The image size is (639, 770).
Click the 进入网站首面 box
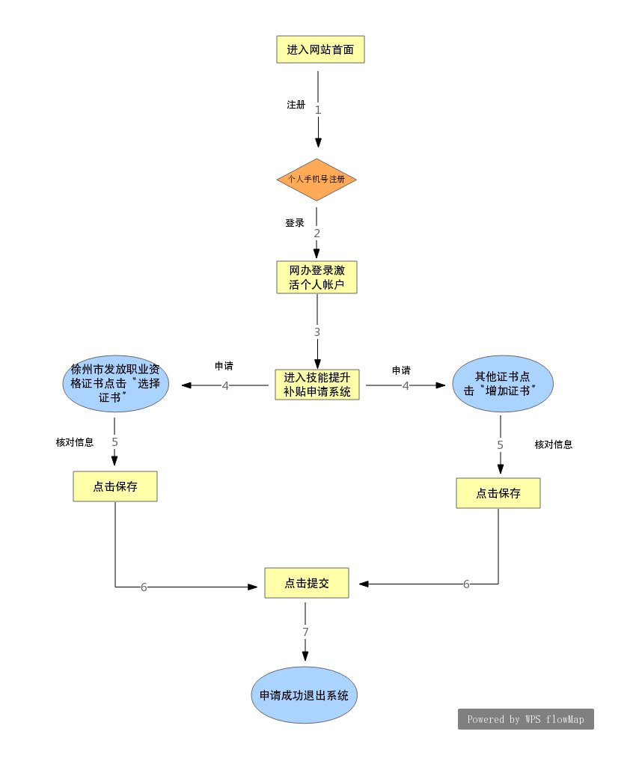pos(320,50)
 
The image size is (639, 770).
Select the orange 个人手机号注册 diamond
pos(317,180)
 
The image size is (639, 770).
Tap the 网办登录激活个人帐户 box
pos(316,277)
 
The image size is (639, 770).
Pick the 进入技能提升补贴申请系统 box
pos(317,385)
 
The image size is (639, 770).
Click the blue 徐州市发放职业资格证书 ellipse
pos(115,385)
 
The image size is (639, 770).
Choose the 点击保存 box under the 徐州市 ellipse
pos(115,486)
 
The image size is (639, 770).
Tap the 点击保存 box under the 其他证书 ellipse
pos(498,493)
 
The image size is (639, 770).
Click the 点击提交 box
pos(307,583)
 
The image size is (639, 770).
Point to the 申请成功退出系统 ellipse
pos(304,695)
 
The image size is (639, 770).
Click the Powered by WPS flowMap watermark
pos(526,719)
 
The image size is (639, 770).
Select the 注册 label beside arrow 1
pos(296,105)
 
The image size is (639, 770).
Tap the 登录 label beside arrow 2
pos(294,223)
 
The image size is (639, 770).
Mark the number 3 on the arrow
pos(317,331)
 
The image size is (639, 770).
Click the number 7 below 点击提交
pos(305,632)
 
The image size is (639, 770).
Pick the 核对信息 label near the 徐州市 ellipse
pos(75,442)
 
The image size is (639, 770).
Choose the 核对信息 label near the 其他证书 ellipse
pos(554,444)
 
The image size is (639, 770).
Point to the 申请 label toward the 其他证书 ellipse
pos(401,370)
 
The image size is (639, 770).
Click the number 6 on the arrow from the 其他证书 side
pos(466,584)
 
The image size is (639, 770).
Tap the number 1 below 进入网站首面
pos(318,110)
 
